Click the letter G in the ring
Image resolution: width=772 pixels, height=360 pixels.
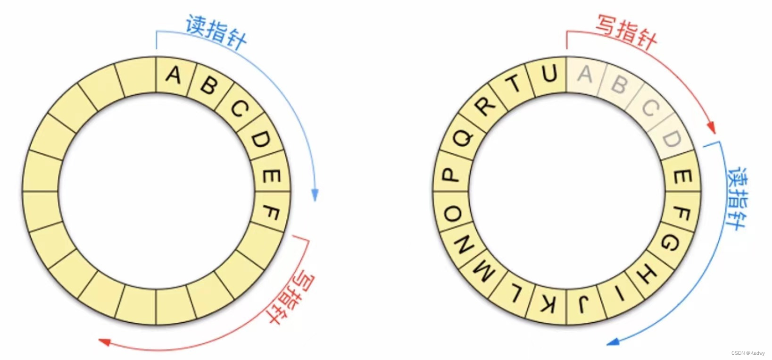click(x=670, y=243)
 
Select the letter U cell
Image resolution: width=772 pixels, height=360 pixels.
click(x=549, y=75)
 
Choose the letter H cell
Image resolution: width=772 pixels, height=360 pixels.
click(x=648, y=274)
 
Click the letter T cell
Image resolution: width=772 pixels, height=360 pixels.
click(x=515, y=84)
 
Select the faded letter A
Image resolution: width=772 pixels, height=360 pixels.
click(x=585, y=74)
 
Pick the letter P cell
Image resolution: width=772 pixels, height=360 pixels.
click(x=451, y=175)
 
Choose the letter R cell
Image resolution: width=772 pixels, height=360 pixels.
click(x=485, y=106)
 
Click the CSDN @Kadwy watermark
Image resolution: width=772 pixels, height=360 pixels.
click(x=748, y=353)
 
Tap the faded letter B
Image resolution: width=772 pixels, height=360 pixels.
click(x=619, y=85)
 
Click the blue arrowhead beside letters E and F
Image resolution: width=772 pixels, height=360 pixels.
click(x=315, y=195)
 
